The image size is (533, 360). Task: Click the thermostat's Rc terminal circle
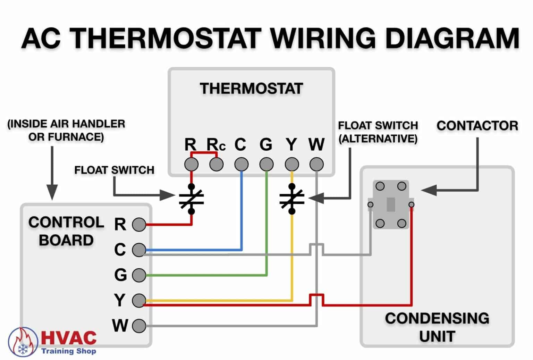click(216, 164)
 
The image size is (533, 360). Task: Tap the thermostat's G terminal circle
click(266, 164)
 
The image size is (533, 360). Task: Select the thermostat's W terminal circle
click(316, 164)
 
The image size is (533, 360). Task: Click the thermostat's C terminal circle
click(242, 164)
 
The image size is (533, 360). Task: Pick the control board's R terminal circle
click(139, 225)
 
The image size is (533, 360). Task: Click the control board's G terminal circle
click(139, 275)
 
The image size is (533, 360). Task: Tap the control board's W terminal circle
click(139, 326)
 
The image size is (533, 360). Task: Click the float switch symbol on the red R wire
click(191, 199)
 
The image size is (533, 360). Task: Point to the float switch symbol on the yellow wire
click(292, 199)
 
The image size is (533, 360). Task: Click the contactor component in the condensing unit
click(391, 204)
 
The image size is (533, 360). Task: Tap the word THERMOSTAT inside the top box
click(251, 89)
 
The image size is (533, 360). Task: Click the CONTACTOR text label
click(477, 126)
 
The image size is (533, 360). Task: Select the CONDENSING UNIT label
click(437, 327)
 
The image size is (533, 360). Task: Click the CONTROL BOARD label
click(66, 231)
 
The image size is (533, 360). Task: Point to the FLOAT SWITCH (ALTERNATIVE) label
click(378, 132)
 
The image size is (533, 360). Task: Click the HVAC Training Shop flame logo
click(23, 342)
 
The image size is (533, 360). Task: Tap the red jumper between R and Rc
click(204, 153)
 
